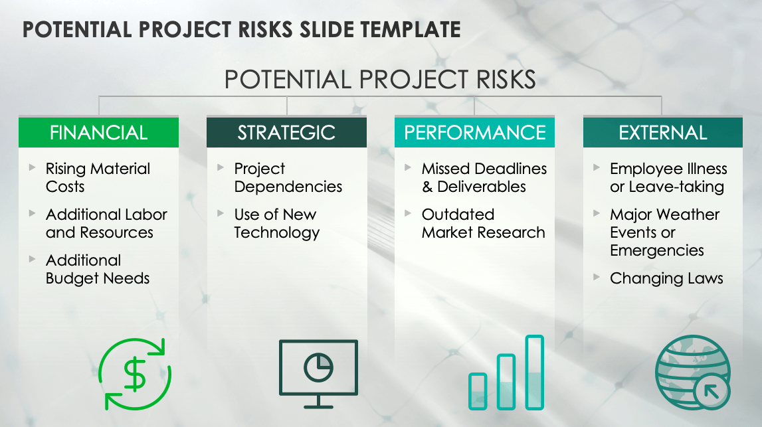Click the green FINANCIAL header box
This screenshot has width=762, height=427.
[x=98, y=132]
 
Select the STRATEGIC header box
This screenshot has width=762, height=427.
[x=286, y=132]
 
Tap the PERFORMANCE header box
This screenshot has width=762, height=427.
[x=474, y=132]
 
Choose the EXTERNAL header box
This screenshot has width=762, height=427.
[x=663, y=132]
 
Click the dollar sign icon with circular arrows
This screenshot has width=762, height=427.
[x=136, y=374]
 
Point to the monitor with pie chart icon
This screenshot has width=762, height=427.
[x=318, y=372]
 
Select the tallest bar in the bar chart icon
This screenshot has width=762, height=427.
[x=535, y=372]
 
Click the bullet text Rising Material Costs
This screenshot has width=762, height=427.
[x=98, y=177]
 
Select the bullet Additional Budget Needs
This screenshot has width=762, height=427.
[x=98, y=269]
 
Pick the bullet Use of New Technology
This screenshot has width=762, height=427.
[x=276, y=223]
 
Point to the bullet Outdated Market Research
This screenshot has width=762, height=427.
[x=483, y=223]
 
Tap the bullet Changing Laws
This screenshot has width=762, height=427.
[x=666, y=278]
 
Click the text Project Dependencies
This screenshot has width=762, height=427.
[x=288, y=177]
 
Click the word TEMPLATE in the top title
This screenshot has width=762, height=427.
[x=406, y=29]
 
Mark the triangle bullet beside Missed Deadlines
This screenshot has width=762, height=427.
[x=409, y=168]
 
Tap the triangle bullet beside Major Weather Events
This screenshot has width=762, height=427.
[x=597, y=213]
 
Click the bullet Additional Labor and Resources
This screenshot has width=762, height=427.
[x=106, y=223]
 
